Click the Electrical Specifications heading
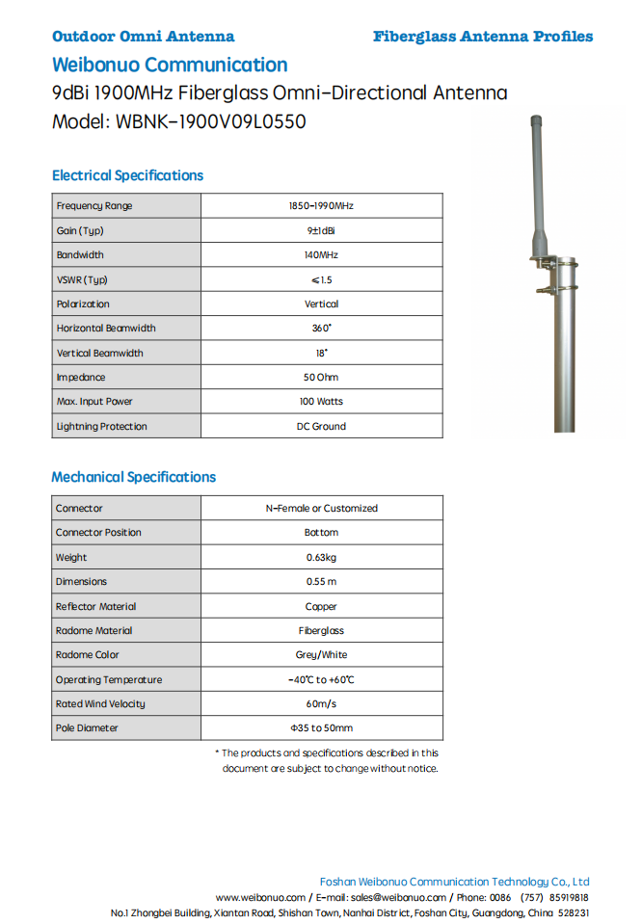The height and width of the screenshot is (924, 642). pyautogui.click(x=127, y=175)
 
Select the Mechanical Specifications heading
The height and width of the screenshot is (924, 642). pyautogui.click(x=133, y=477)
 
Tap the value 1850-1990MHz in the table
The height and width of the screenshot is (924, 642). pyautogui.click(x=321, y=206)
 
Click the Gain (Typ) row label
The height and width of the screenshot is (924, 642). pyautogui.click(x=80, y=231)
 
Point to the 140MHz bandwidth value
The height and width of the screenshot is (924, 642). pyautogui.click(x=321, y=255)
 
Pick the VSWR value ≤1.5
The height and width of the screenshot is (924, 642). pyautogui.click(x=321, y=280)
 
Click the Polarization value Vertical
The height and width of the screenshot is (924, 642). pyautogui.click(x=321, y=304)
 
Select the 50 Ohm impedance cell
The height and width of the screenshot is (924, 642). pyautogui.click(x=321, y=378)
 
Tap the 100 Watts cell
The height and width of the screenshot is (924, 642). pyautogui.click(x=321, y=402)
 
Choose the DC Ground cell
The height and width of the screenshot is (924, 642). pyautogui.click(x=321, y=426)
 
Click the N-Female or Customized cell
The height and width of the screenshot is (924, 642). pyautogui.click(x=321, y=508)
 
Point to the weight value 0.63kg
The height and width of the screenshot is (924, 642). pyautogui.click(x=321, y=557)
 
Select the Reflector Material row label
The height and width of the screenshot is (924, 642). pyautogui.click(x=95, y=606)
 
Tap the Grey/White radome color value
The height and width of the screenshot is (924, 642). pyautogui.click(x=321, y=655)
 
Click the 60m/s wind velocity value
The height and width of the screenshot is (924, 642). pyautogui.click(x=321, y=704)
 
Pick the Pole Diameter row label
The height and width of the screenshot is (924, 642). pyautogui.click(x=87, y=728)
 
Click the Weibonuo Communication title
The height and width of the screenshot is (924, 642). pyautogui.click(x=170, y=66)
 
